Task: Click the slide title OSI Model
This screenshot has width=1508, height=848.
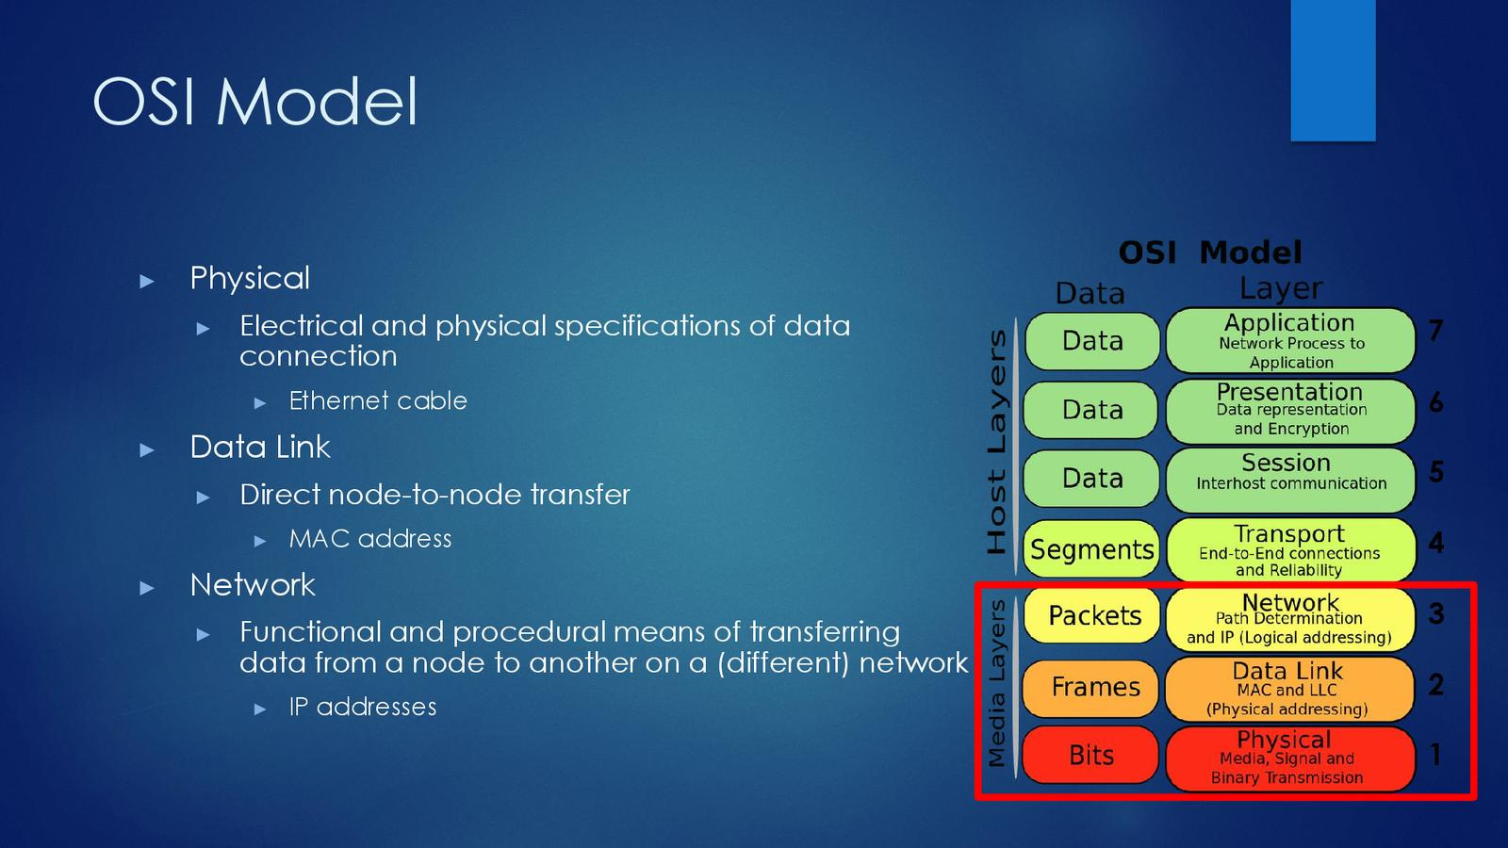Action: [255, 101]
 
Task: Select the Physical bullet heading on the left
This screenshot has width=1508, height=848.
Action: [250, 278]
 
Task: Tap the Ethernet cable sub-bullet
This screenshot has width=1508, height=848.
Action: [378, 400]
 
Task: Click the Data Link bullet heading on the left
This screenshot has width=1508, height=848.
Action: [260, 447]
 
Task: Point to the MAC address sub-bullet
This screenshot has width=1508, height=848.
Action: [370, 539]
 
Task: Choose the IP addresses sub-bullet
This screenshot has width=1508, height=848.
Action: [363, 707]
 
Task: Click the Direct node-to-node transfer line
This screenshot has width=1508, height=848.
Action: [434, 495]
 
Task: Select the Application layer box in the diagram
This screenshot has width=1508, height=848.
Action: [1290, 340]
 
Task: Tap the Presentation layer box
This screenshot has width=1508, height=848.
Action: [1290, 410]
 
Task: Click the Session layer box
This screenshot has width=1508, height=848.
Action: [1290, 480]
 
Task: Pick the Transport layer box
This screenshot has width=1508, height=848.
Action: [1290, 549]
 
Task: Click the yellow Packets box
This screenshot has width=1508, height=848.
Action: [1093, 616]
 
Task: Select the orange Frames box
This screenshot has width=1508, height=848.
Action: [1093, 687]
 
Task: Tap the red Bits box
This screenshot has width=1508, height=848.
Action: [1091, 755]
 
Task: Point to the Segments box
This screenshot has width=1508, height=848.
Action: [1091, 549]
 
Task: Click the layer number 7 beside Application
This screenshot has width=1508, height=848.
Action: [1435, 331]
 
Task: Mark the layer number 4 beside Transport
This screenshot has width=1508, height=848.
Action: [1435, 543]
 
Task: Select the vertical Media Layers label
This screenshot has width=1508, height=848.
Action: [996, 683]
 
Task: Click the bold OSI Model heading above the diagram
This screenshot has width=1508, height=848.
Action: [1210, 253]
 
